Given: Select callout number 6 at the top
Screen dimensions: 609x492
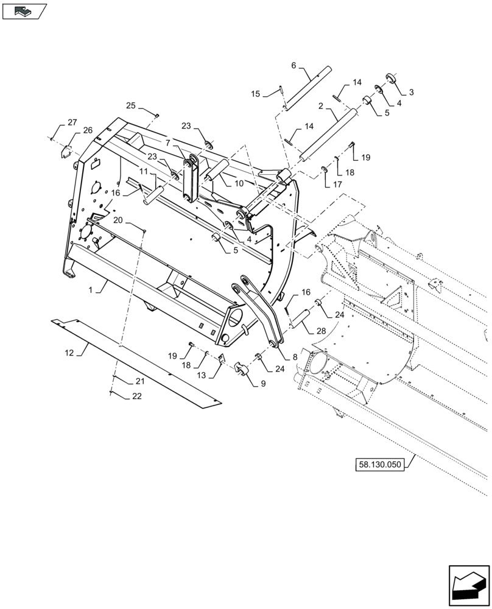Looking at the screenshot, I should [x=293, y=65].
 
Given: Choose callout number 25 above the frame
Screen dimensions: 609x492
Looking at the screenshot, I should [x=131, y=106].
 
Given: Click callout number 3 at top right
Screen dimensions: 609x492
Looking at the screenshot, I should [x=411, y=92].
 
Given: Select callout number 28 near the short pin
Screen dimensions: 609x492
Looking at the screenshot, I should [x=321, y=330].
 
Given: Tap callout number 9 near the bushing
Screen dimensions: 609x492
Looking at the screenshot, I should [x=263, y=384].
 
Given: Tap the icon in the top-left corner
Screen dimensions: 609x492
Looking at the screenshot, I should [x=24, y=10].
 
